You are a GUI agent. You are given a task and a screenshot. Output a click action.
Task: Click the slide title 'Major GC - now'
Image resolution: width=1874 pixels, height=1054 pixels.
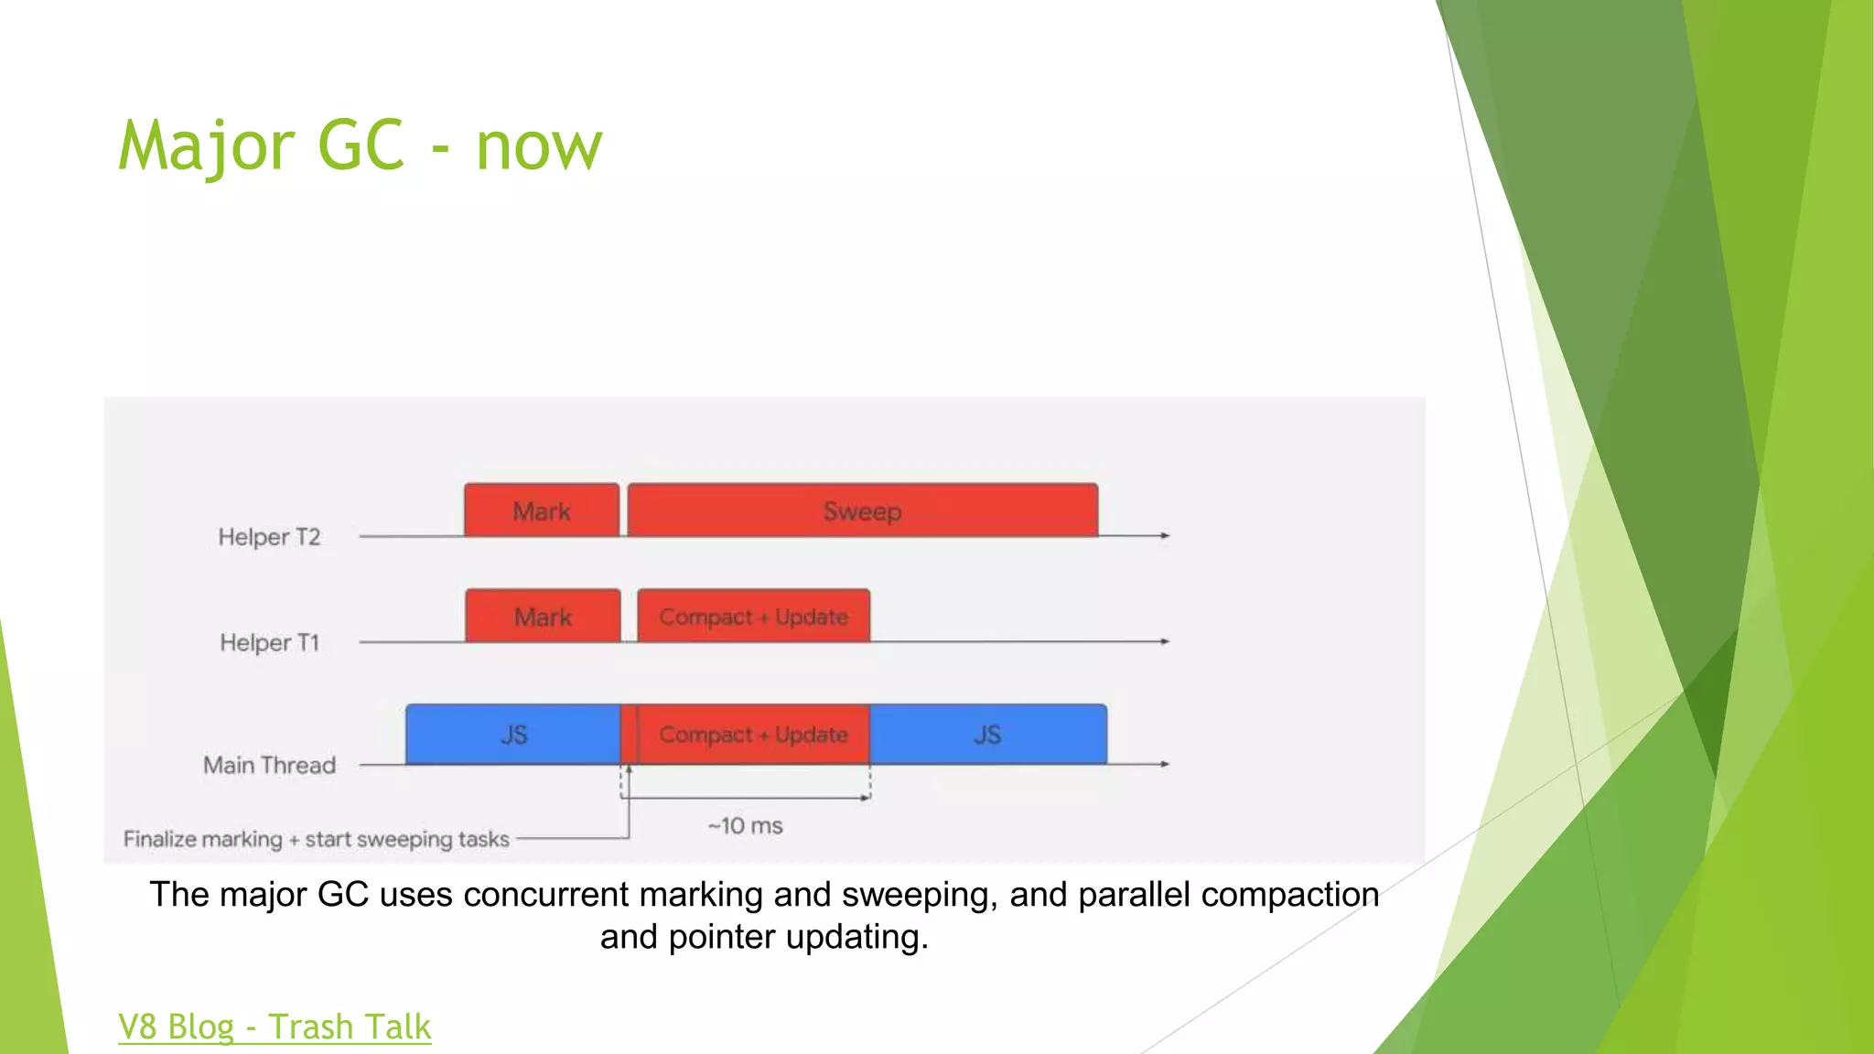[361, 146]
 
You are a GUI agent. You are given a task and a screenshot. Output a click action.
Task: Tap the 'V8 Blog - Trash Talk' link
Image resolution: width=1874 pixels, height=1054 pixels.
[275, 1027]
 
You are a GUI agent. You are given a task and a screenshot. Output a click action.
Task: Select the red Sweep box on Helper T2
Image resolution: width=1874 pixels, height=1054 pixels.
[862, 511]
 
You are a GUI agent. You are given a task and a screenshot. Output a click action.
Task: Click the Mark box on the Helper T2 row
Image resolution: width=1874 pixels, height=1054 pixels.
[542, 511]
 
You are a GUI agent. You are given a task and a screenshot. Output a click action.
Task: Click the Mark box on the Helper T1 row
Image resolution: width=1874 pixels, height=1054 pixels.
[543, 617]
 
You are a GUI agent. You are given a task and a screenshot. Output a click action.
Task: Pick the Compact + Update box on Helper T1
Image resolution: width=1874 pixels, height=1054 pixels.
[753, 617]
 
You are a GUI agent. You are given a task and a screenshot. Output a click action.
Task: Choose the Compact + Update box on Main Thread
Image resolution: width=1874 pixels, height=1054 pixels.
[753, 735]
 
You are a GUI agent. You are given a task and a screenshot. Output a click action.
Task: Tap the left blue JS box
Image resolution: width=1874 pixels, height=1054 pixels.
[513, 735]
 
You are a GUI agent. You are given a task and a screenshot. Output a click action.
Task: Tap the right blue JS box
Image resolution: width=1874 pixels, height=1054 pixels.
[987, 735]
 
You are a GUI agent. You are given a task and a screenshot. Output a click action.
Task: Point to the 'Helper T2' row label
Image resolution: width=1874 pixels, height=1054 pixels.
[269, 537]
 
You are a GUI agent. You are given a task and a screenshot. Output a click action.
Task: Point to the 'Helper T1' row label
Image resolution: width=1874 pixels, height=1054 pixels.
[269, 642]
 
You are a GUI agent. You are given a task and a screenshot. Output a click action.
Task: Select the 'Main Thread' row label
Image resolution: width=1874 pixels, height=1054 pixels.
[269, 765]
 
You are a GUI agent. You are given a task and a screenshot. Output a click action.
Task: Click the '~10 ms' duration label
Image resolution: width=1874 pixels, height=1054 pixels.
[745, 826]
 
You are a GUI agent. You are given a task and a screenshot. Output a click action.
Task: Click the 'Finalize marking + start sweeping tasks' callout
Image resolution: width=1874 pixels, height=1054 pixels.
[316, 839]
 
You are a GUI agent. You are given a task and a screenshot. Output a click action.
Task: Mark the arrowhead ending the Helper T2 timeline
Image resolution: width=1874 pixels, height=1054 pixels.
[1165, 535]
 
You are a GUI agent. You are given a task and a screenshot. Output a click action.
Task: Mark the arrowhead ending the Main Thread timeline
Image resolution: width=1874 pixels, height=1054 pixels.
[1165, 764]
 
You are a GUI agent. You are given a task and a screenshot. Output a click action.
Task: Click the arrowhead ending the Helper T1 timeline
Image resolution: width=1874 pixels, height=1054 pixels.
[1165, 641]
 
